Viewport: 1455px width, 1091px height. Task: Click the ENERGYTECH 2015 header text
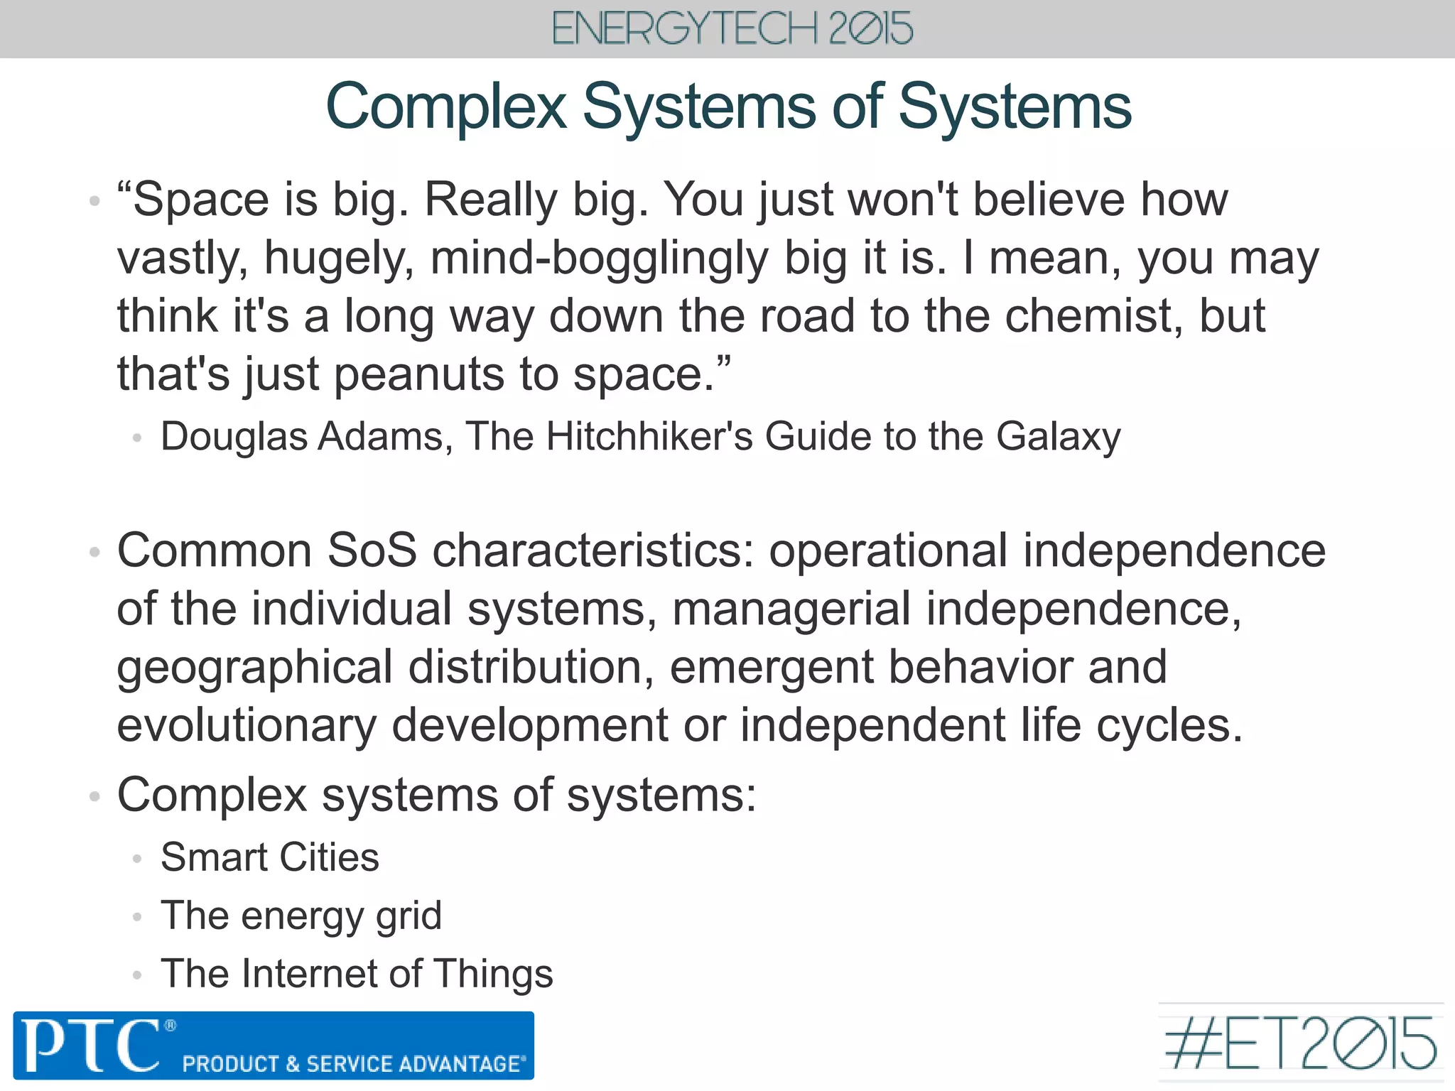(x=732, y=29)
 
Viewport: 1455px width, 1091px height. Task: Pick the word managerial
(x=791, y=609)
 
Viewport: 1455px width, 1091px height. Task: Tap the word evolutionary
(x=247, y=726)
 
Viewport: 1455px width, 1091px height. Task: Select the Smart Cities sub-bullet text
(x=270, y=857)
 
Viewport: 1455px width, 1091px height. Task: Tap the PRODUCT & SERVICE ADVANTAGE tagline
(x=354, y=1064)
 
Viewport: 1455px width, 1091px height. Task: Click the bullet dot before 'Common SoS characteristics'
(x=94, y=552)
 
